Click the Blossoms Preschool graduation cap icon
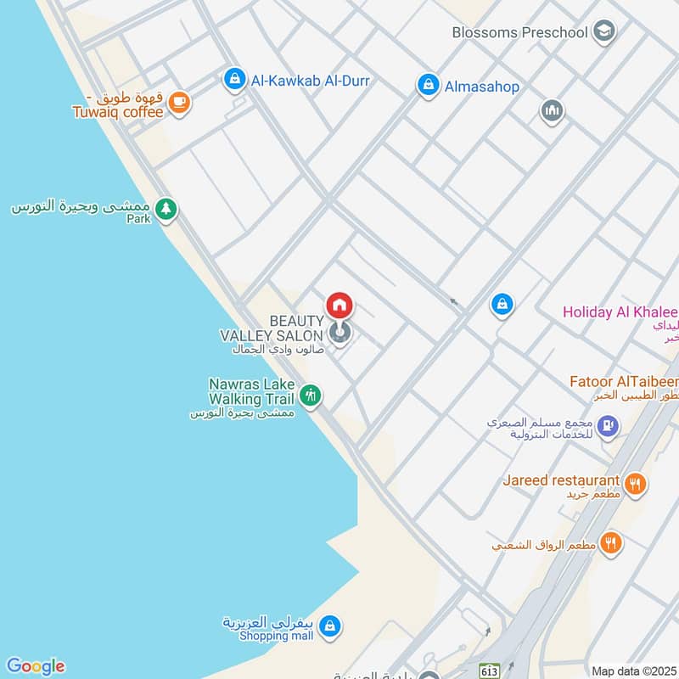click(603, 32)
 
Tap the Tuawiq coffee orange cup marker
click(178, 103)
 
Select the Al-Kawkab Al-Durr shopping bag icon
click(233, 81)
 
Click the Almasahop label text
click(481, 86)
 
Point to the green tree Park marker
click(166, 208)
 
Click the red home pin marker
click(339, 305)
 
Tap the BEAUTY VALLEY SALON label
click(272, 328)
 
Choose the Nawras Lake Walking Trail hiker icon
click(310, 395)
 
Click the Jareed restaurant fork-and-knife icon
click(635, 484)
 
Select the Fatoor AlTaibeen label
click(626, 382)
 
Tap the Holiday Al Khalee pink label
click(620, 311)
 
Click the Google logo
click(35, 666)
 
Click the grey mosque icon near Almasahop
click(552, 110)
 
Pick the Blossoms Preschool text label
click(519, 33)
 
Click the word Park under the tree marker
click(138, 219)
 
